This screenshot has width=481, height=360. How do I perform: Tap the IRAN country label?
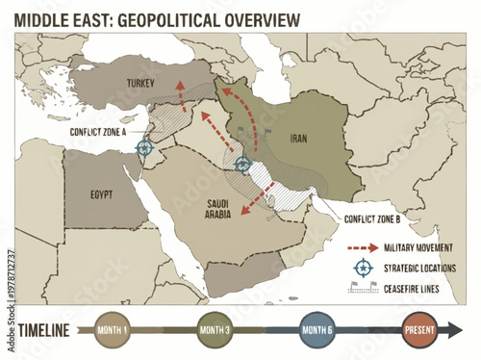298,138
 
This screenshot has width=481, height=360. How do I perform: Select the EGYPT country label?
101,193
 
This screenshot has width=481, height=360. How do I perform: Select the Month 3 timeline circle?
214,330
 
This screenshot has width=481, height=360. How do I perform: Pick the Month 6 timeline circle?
317,330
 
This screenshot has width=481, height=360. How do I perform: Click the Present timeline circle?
420,330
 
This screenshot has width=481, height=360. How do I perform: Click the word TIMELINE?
43,330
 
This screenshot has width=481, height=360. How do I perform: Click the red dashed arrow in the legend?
361,247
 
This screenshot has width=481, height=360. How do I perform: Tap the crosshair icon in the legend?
362,267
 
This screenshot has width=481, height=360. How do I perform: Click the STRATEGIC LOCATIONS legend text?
420,267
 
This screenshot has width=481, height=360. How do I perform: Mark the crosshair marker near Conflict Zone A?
145,147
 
